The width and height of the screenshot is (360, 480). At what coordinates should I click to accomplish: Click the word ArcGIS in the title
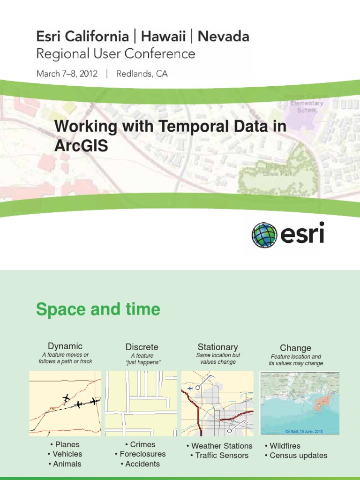tap(81, 146)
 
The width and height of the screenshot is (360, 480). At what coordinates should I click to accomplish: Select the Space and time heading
tap(98, 309)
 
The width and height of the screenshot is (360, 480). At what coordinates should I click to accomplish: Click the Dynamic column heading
tap(65, 346)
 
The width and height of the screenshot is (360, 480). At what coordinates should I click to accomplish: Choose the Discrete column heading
tap(142, 347)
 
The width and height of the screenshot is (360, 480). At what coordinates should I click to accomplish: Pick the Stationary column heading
tap(217, 347)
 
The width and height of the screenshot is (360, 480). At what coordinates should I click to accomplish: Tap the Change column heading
tap(295, 348)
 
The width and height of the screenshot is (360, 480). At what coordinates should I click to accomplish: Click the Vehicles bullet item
tap(65, 454)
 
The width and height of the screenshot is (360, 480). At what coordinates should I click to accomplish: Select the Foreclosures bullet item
tap(140, 454)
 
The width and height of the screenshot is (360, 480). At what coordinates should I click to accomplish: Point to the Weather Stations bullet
tap(219, 446)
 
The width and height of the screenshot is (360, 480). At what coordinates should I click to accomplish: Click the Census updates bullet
tap(296, 455)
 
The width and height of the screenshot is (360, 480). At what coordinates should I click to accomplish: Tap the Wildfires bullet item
tap(282, 446)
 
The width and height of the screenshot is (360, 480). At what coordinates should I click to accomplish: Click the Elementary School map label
tap(307, 106)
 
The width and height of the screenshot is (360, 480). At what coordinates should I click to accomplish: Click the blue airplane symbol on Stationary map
tap(190, 388)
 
